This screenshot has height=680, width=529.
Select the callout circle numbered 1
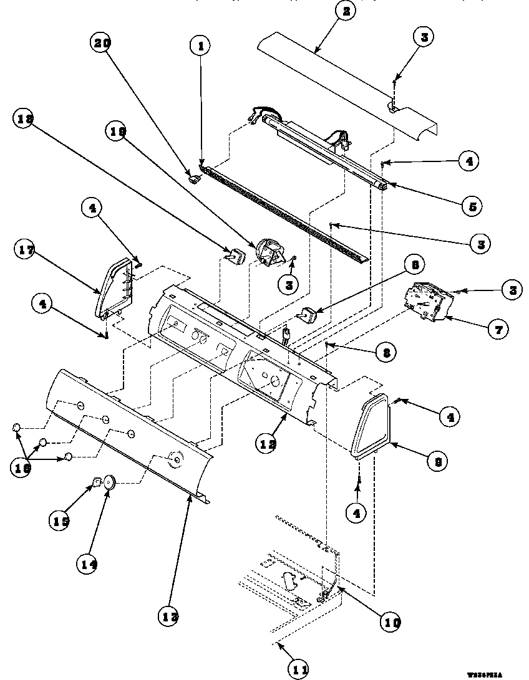click(201, 45)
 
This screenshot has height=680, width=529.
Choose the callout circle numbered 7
click(497, 328)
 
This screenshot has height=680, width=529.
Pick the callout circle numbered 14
click(88, 565)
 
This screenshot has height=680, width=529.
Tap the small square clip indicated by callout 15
click(96, 481)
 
